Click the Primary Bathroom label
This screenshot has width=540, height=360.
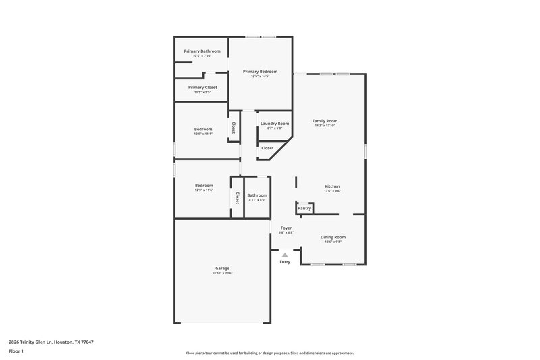click(x=202, y=51)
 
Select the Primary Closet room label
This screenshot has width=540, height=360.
click(x=202, y=87)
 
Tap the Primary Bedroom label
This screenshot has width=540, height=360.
click(x=260, y=72)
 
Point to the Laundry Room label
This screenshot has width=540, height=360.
click(x=275, y=124)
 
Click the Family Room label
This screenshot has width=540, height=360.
click(x=325, y=121)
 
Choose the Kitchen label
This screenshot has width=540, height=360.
click(x=332, y=186)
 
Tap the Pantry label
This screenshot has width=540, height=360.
click(x=304, y=208)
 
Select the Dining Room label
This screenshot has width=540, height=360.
click(x=333, y=237)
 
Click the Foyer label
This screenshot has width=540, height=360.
click(x=286, y=228)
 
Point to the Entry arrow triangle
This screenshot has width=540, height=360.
click(x=285, y=255)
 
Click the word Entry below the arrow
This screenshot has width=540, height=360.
click(x=285, y=262)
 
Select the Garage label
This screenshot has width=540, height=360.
click(x=222, y=268)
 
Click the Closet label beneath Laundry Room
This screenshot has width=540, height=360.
click(x=267, y=148)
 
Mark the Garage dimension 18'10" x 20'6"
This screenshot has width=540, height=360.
click(x=222, y=273)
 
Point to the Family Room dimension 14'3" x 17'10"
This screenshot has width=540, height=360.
click(x=325, y=126)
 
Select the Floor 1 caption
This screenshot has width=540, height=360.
click(x=16, y=352)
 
